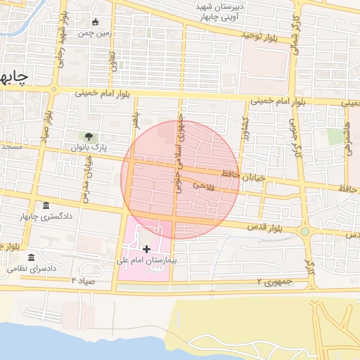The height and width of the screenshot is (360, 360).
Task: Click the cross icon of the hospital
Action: coord(146,249)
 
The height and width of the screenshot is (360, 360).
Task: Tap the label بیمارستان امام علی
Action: coord(146,261)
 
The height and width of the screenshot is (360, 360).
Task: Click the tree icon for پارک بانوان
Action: coord(89,136)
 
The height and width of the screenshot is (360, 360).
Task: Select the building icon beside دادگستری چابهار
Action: coord(46,205)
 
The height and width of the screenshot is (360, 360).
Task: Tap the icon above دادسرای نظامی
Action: coord(32,258)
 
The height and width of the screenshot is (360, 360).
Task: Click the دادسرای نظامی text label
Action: coord(32,269)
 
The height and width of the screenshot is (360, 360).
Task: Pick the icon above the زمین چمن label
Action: coord(96,22)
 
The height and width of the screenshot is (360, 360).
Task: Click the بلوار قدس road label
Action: coord(264,227)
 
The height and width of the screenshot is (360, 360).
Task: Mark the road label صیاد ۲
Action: coord(82,280)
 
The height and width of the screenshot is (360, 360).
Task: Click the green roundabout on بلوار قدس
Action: coord(304,231)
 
